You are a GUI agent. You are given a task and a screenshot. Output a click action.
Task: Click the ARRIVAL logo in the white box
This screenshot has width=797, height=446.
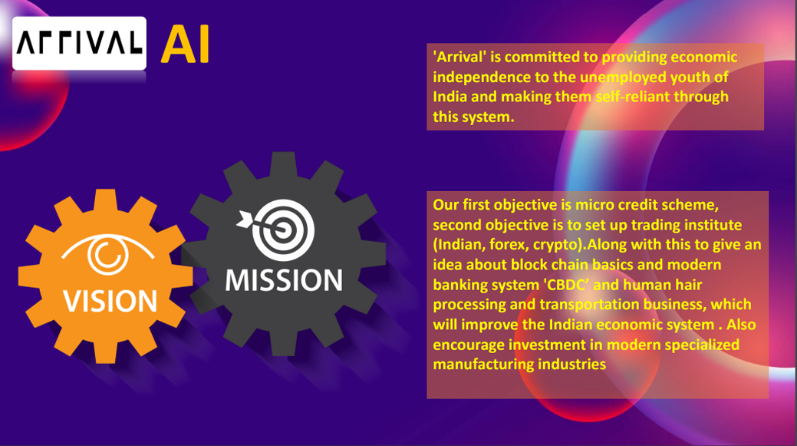pos(79,43)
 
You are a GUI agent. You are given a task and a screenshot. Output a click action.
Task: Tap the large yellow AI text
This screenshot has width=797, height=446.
pos(185,45)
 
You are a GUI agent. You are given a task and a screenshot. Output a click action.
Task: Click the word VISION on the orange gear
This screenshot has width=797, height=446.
pos(110,301)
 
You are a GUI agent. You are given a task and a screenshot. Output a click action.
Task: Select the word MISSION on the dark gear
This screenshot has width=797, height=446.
pos(284,280)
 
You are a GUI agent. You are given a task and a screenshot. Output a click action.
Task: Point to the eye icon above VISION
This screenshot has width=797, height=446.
pos(107,254)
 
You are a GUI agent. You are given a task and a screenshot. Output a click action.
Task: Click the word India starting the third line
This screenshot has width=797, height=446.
pos(450,97)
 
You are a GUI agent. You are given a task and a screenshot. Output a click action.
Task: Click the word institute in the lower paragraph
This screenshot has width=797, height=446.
pos(713,225)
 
